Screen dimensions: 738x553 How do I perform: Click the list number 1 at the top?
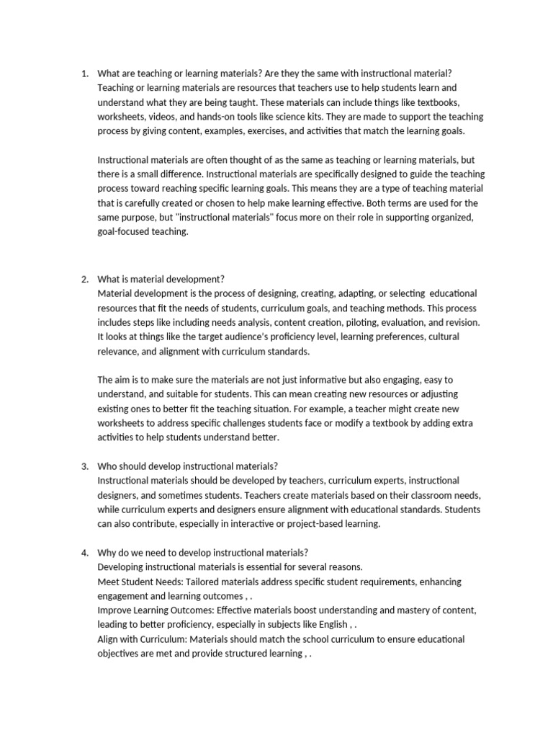(84, 73)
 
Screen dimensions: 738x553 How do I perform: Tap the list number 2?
(84, 279)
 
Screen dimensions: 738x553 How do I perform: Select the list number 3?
(84, 466)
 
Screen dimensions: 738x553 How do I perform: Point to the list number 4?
(84, 553)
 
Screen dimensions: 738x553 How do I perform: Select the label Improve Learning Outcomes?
(158, 610)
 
